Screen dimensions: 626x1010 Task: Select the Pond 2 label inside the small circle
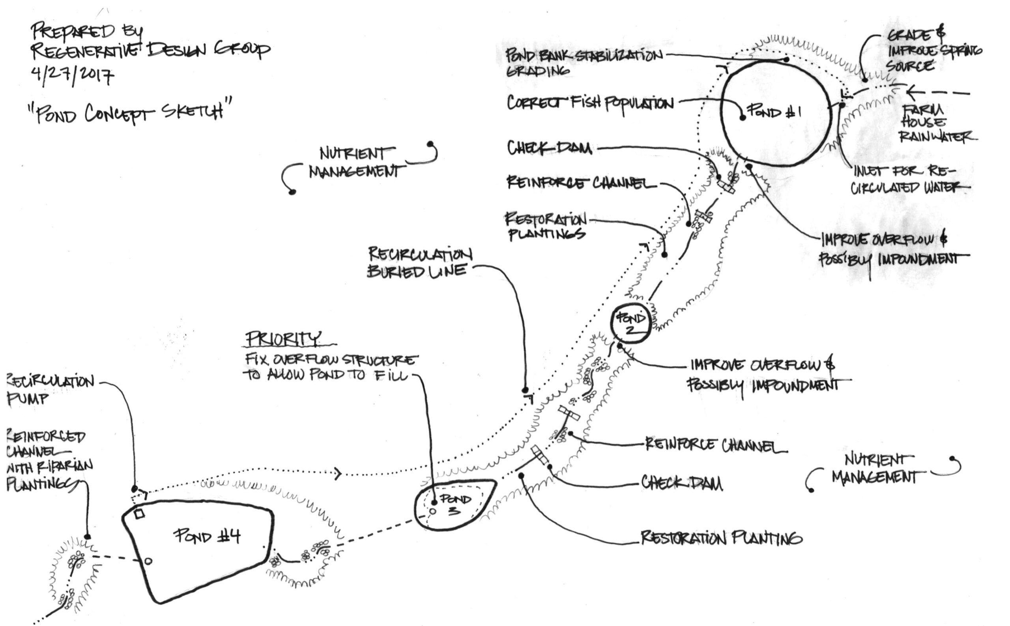[630, 323]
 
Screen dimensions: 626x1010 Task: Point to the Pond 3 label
[455, 504]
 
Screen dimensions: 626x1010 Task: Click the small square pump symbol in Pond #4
[139, 514]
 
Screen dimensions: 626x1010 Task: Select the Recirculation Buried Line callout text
[419, 262]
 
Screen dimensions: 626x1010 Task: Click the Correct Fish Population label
[590, 103]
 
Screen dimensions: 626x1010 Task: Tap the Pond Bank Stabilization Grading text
[584, 62]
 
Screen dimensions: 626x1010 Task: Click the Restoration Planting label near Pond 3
[721, 538]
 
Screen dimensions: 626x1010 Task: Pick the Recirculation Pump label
[50, 389]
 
